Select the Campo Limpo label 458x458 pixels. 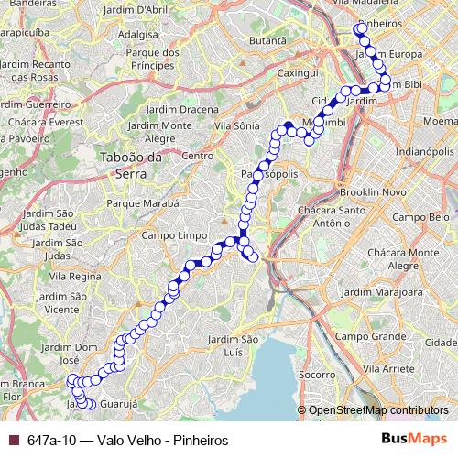169,235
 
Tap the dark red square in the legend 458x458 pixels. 13,440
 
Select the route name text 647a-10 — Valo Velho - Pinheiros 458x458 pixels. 127,440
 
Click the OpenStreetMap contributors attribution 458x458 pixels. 378,410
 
